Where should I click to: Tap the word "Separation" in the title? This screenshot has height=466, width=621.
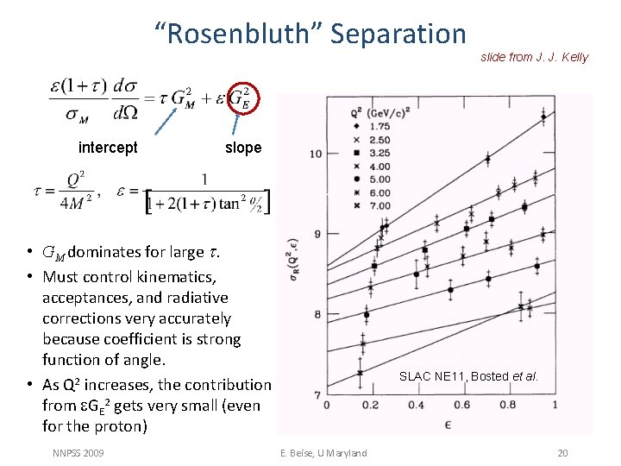click(x=398, y=34)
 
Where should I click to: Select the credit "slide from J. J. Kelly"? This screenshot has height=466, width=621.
click(x=534, y=57)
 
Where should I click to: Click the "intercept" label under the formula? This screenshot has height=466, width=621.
click(x=108, y=148)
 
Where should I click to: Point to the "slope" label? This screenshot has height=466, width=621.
click(x=243, y=148)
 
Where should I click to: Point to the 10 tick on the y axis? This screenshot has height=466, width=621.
click(x=316, y=154)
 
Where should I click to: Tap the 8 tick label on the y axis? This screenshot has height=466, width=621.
click(x=317, y=314)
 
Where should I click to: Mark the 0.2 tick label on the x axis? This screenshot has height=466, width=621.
click(x=370, y=406)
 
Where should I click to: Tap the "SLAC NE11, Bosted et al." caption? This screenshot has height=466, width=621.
click(x=468, y=376)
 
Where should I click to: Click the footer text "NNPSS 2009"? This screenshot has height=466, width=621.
click(x=78, y=453)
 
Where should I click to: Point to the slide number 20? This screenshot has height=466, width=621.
click(x=562, y=453)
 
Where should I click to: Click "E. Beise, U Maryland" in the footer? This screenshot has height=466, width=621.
click(x=324, y=453)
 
